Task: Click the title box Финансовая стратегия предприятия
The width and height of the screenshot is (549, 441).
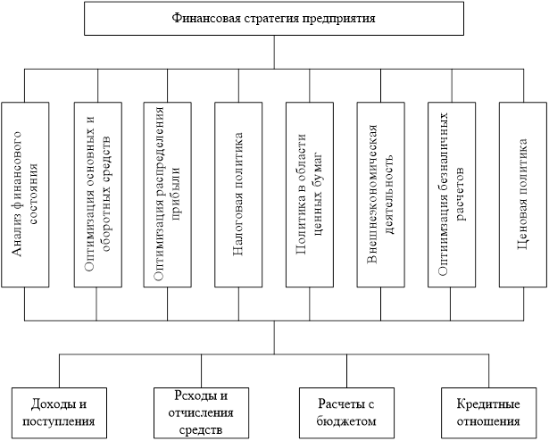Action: pyautogui.click(x=274, y=18)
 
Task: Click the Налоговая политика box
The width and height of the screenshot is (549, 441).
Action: pyautogui.click(x=237, y=194)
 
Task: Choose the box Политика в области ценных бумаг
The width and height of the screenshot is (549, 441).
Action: pyautogui.click(x=309, y=194)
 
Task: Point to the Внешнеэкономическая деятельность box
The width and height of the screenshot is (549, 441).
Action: pyautogui.click(x=380, y=194)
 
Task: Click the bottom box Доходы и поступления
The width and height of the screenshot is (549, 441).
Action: pyautogui.click(x=61, y=412)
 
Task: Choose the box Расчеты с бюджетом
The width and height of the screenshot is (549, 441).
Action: pyautogui.click(x=345, y=412)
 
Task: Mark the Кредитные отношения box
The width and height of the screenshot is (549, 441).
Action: pyautogui.click(x=487, y=412)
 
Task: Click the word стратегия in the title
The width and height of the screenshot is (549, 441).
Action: pyautogui.click(x=263, y=18)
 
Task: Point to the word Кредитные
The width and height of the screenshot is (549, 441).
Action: pyautogui.click(x=487, y=404)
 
